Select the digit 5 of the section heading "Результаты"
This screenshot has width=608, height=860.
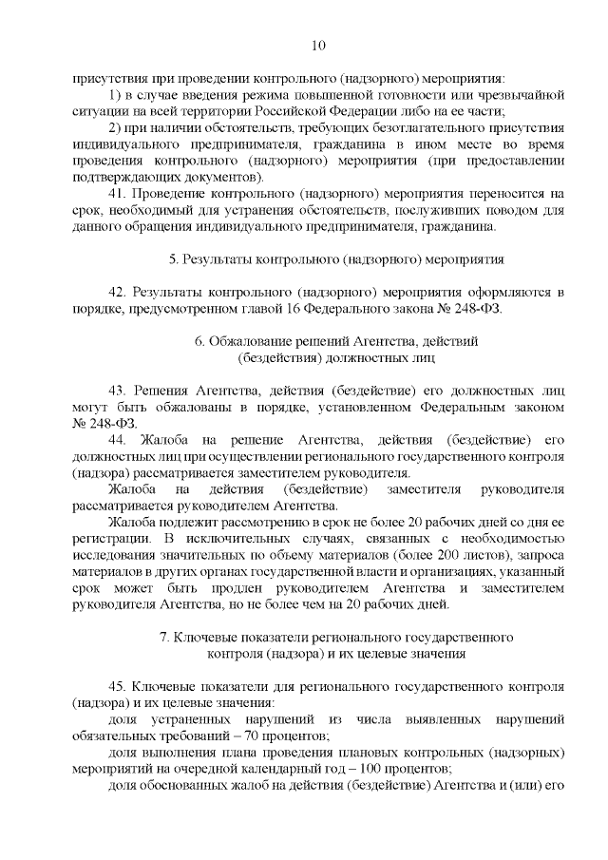click(173, 258)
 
